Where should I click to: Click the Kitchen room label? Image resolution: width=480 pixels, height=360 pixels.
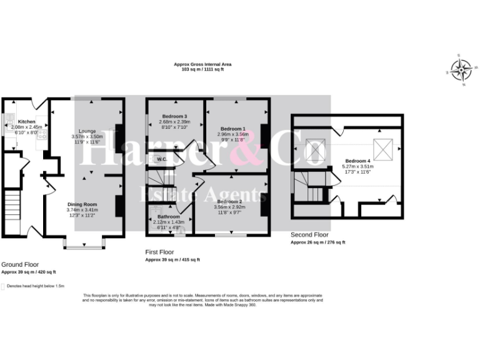(27, 121)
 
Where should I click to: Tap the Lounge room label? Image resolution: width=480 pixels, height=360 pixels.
(87, 131)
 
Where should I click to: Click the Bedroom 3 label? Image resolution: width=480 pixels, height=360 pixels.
(175, 116)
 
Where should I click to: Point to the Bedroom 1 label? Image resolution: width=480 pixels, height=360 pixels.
(232, 129)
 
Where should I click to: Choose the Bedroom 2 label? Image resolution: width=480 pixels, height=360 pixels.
(229, 202)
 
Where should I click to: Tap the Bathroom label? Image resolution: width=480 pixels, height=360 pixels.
(168, 216)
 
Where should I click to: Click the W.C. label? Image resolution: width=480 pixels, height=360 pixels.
(161, 159)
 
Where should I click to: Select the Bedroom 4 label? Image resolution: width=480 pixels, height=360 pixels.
(359, 161)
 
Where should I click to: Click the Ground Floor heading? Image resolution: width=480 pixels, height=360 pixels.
(21, 265)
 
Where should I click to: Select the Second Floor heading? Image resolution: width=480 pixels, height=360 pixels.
(309, 235)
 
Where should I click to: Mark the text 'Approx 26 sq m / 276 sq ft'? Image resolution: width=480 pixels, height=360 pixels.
(317, 242)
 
